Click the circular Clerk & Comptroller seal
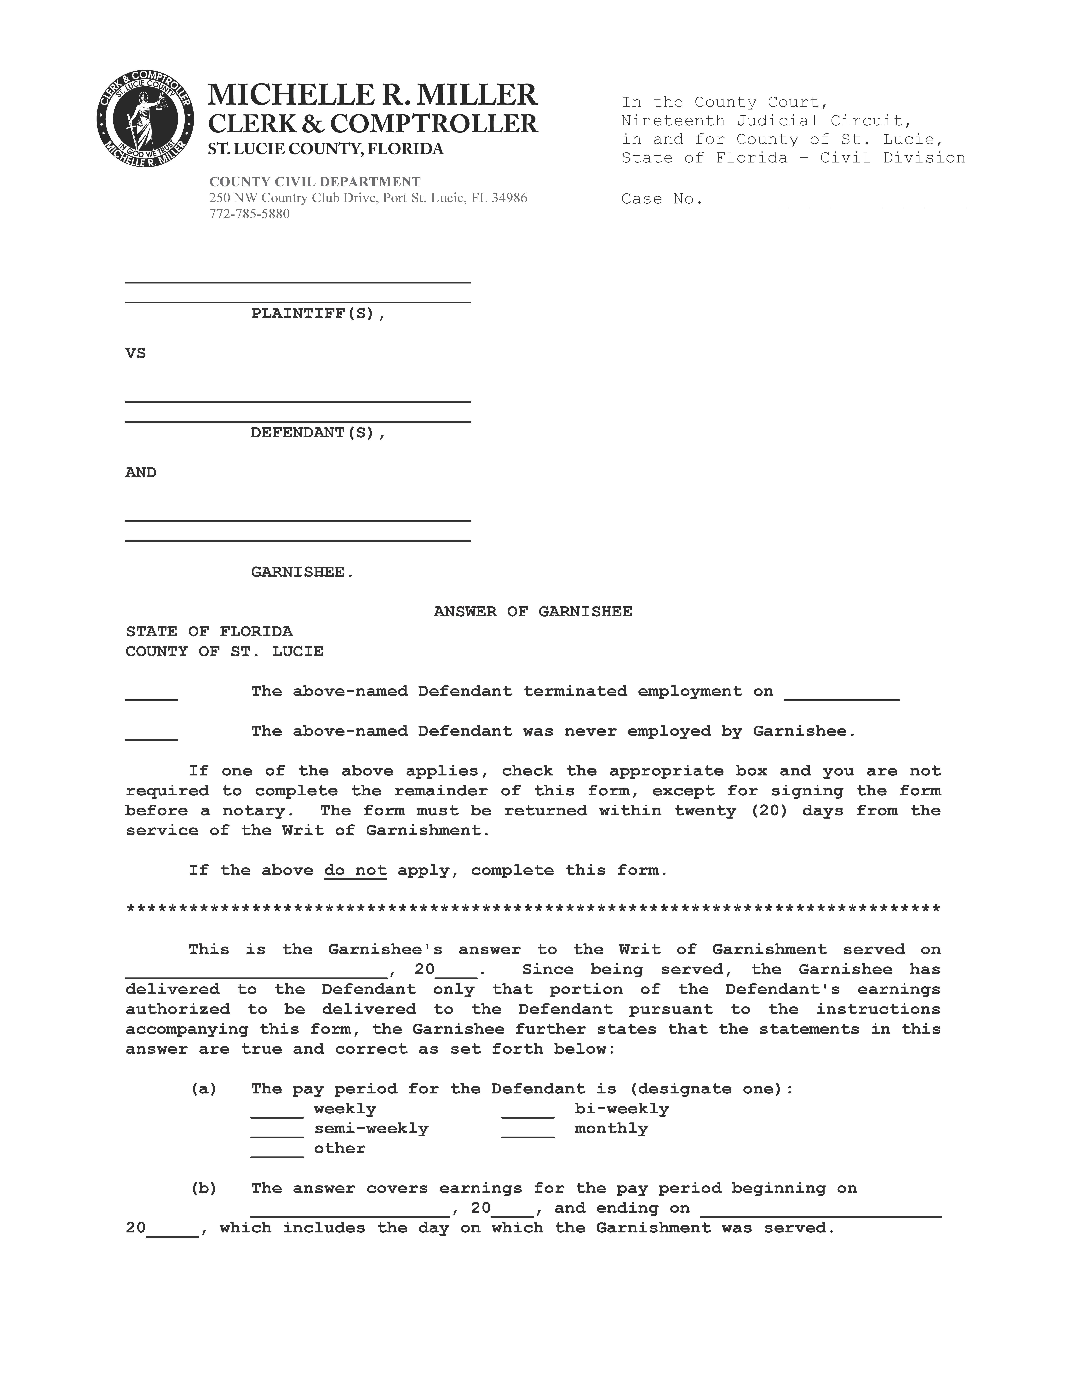pyautogui.click(x=145, y=119)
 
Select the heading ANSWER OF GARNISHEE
pyautogui.click(x=533, y=612)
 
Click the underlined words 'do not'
pyautogui.click(x=355, y=871)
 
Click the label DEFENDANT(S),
pyautogui.click(x=318, y=433)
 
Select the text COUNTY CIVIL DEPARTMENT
pyautogui.click(x=315, y=182)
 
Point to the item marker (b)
pyautogui.click(x=204, y=1188)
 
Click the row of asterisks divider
pyautogui.click(x=533, y=910)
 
